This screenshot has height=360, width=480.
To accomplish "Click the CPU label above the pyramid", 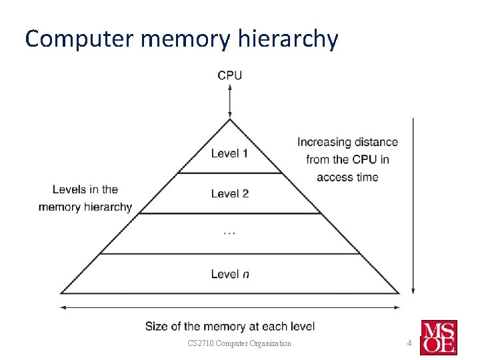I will point(229,75).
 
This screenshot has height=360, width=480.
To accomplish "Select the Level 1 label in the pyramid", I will point(229,153).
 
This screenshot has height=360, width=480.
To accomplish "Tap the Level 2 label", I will point(229,193).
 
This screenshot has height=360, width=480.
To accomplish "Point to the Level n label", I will point(229,274).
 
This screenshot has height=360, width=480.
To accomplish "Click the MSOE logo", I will point(438,337).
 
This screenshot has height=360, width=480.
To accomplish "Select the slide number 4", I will point(410,343).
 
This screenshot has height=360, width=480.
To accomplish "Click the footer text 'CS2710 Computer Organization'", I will point(239,343).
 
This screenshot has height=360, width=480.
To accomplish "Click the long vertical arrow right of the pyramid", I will point(413,207).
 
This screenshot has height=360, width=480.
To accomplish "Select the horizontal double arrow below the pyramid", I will point(230,308).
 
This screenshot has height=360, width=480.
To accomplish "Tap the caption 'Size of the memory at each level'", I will point(230,326).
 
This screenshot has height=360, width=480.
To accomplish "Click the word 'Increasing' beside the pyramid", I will point(323,142).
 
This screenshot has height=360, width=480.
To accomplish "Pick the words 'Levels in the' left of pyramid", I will point(85,189).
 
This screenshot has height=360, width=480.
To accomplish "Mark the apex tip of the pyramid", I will point(230,120).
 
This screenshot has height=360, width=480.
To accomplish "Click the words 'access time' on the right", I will point(347,177).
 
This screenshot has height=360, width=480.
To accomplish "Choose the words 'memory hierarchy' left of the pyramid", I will point(85,207).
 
